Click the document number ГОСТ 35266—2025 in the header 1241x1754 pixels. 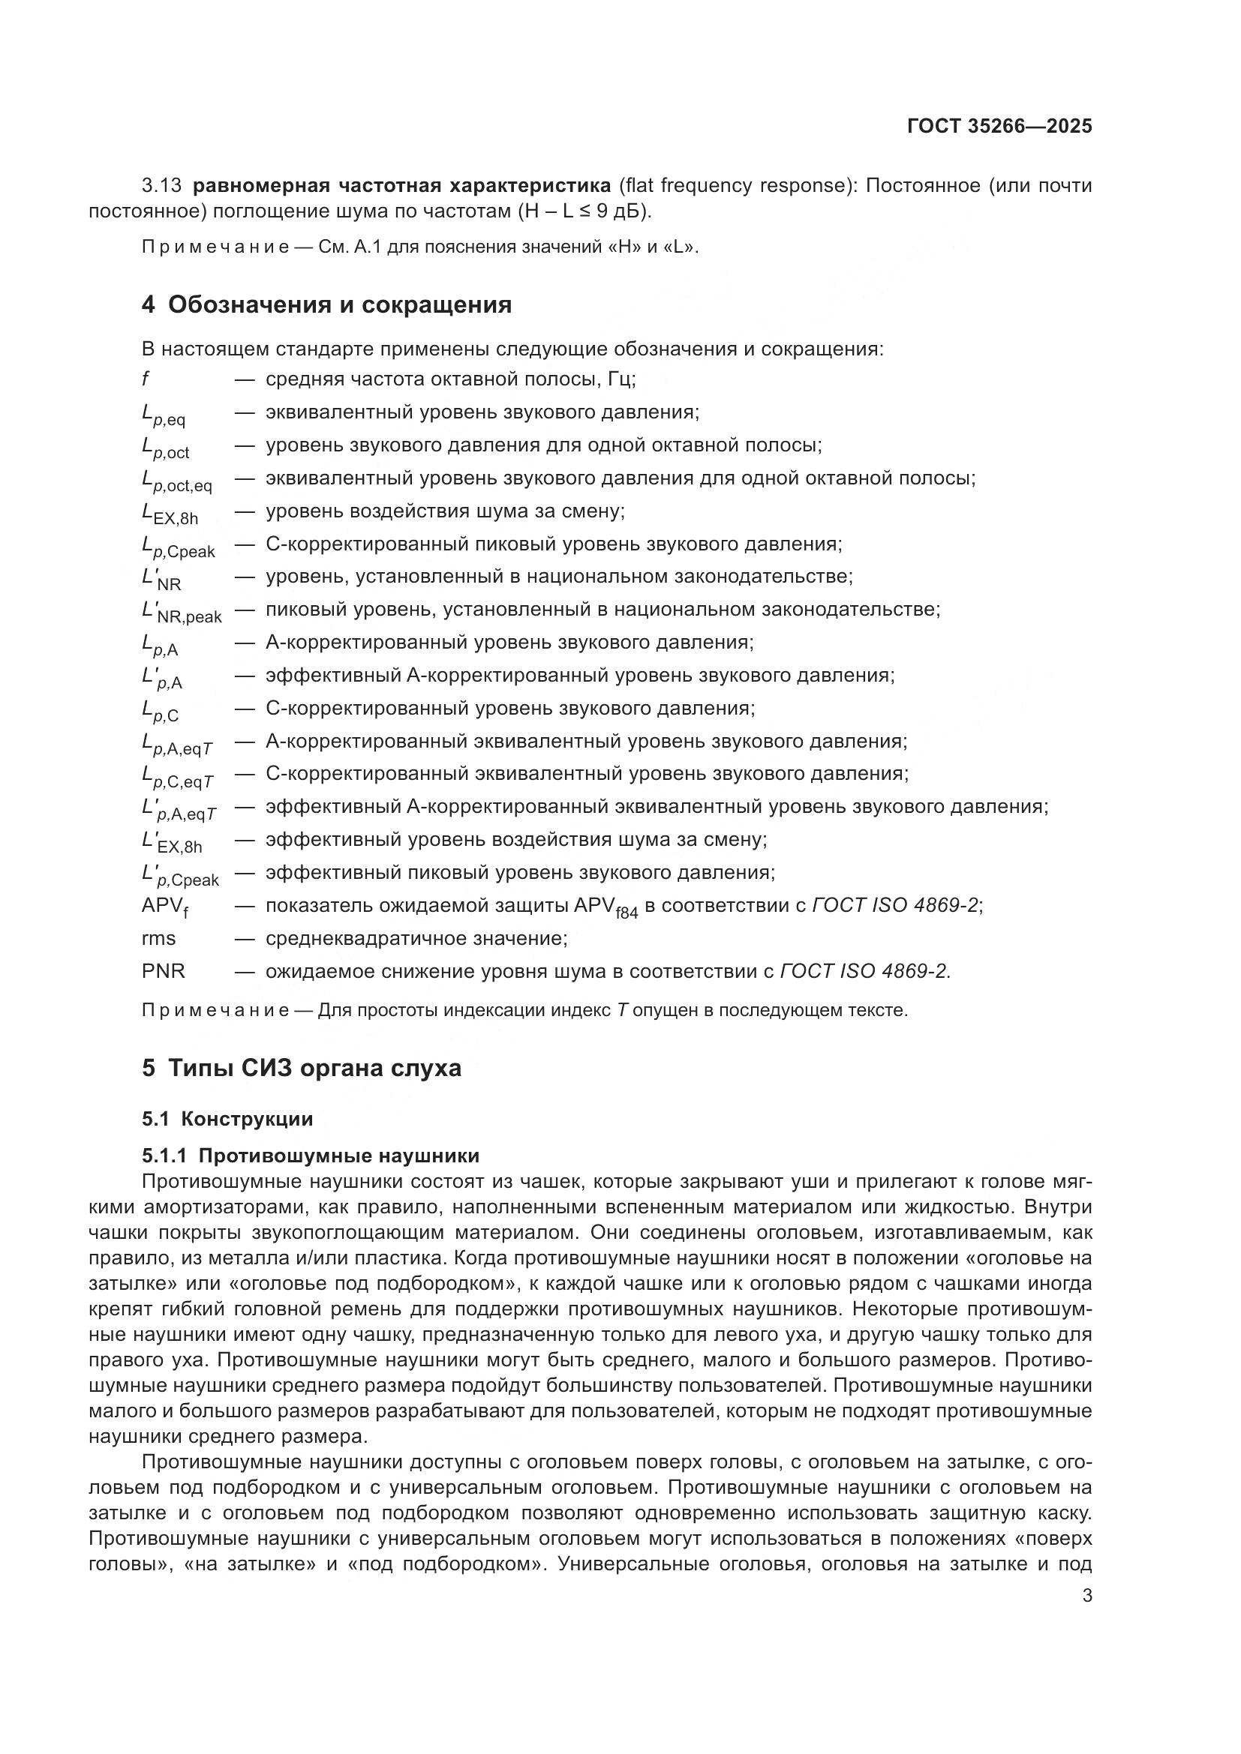pyautogui.click(x=999, y=127)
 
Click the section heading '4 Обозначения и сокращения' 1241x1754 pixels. pyautogui.click(x=326, y=304)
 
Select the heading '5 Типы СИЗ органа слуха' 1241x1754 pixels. pyautogui.click(x=301, y=1067)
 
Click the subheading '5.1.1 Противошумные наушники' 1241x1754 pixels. pyautogui.click(x=311, y=1156)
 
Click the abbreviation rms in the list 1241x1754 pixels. pyautogui.click(x=158, y=938)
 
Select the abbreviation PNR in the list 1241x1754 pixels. pyautogui.click(x=163, y=971)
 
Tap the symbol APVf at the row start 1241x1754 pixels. pyautogui.click(x=164, y=907)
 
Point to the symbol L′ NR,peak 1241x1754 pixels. pyautogui.click(x=181, y=612)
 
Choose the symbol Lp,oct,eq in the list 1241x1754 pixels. pyautogui.click(x=176, y=481)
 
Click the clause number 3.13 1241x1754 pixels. pyautogui.click(x=161, y=186)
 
